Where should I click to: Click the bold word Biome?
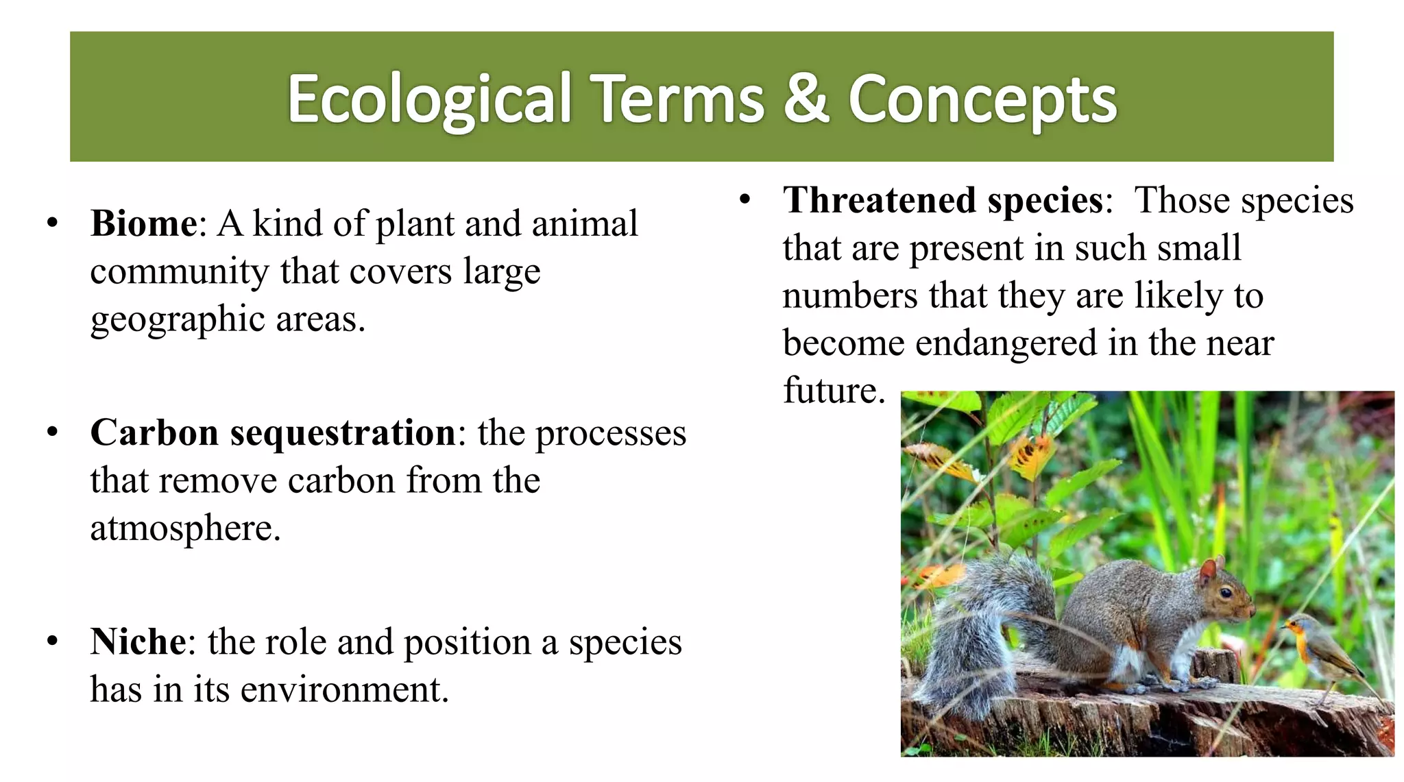[x=143, y=224]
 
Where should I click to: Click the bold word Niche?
[x=138, y=642]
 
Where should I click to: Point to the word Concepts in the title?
[x=982, y=100]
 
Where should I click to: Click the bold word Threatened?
[x=880, y=201]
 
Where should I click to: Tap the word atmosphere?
[x=185, y=528]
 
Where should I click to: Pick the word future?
[x=834, y=391]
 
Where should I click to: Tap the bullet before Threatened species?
[x=745, y=201]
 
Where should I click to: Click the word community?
[x=179, y=272]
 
